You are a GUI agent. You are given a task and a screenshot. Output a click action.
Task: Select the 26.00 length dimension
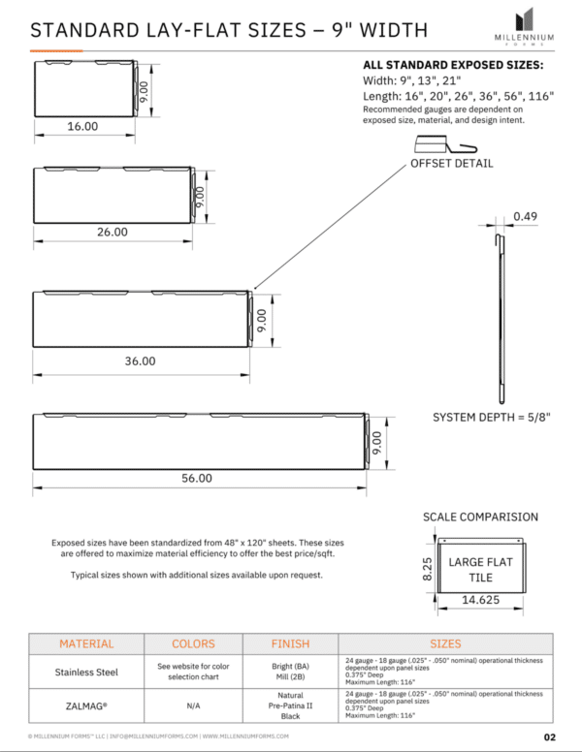pos(112,233)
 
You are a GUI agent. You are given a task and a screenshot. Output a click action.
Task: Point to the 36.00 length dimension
pos(140,360)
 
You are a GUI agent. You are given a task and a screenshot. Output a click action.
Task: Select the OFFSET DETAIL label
pos(451,163)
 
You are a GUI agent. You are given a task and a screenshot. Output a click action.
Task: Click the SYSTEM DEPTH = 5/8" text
pos(491,418)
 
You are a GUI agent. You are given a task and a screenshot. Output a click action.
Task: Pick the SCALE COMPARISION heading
pos(480,517)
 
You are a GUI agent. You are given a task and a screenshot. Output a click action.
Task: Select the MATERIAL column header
pos(86,643)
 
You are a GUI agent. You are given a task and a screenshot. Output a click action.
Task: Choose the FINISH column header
pos(290,643)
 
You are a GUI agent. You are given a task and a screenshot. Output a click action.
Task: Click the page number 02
pos(549,737)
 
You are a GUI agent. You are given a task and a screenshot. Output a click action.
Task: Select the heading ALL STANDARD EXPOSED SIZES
pos(452,65)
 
